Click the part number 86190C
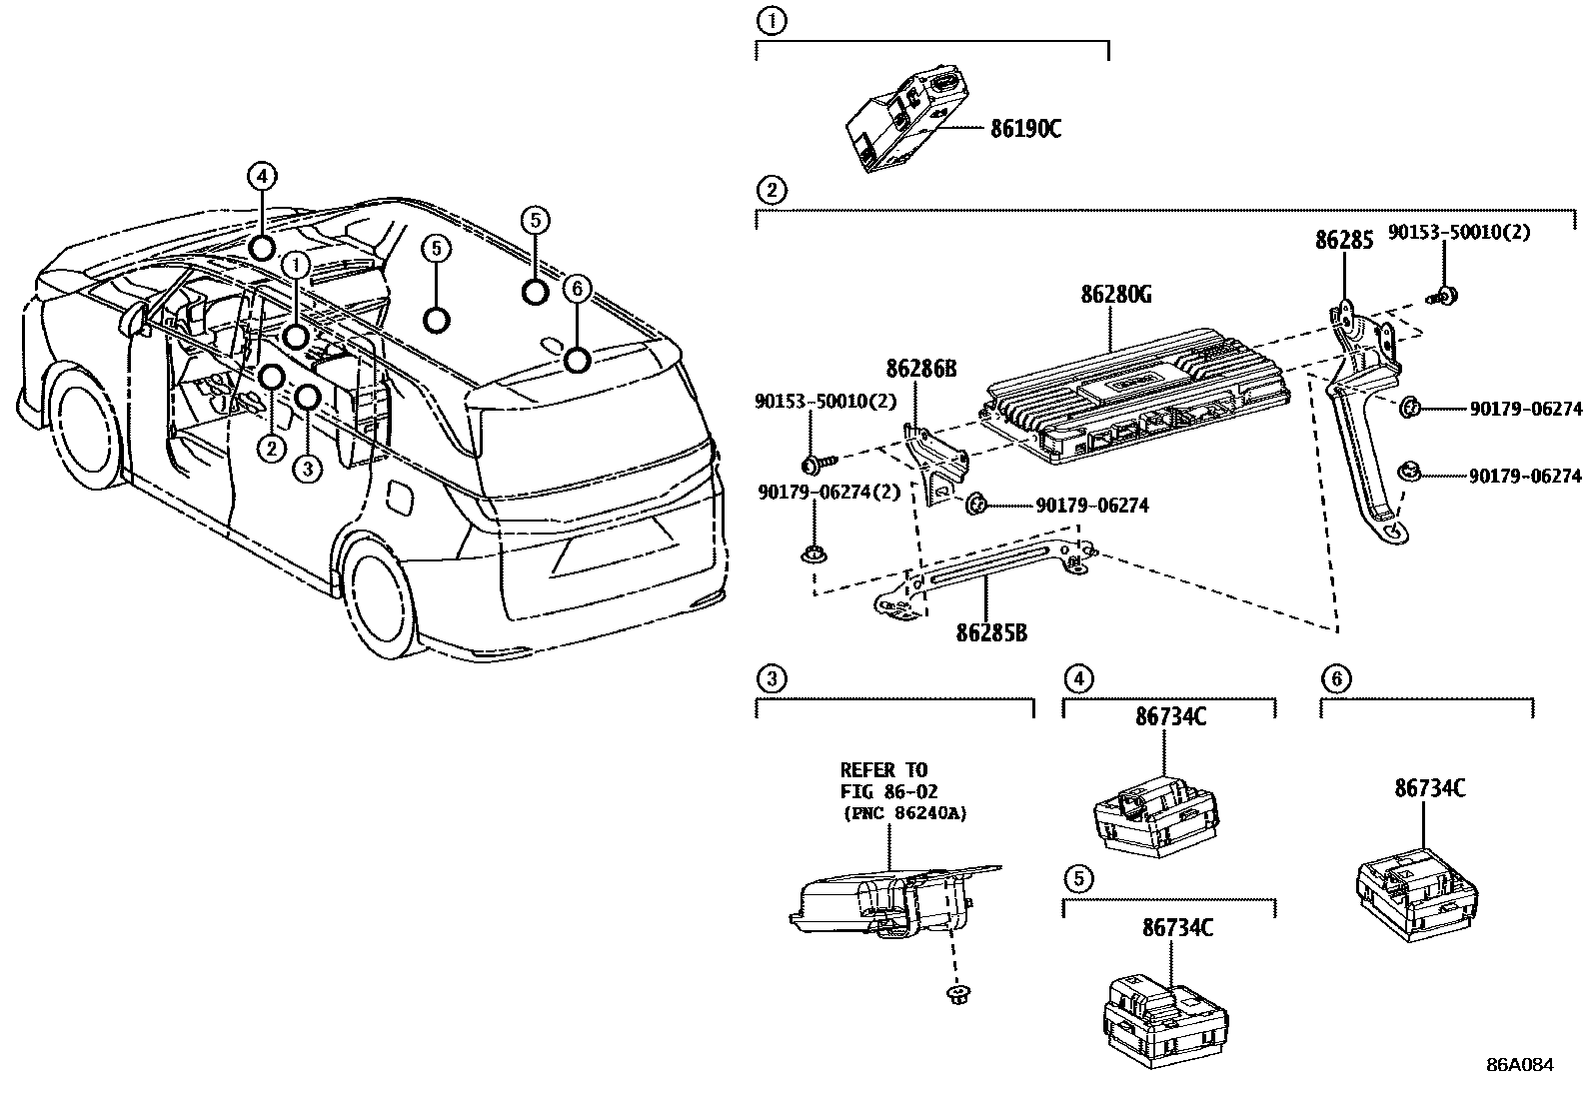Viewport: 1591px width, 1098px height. tap(1025, 129)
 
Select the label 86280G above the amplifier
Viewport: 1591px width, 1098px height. tap(1116, 295)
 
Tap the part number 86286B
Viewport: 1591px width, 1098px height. tap(920, 370)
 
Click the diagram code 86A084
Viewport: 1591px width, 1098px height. tap(1520, 1065)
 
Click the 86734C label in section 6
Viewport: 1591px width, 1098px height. tap(1430, 788)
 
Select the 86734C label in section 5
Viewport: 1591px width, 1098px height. tap(1177, 928)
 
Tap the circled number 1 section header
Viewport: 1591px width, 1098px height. tap(771, 19)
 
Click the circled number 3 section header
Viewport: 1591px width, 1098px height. tap(771, 680)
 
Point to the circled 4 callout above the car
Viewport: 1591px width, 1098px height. tap(261, 177)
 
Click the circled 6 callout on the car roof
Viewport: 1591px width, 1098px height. tap(577, 290)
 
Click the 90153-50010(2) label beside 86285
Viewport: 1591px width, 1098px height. tap(1459, 233)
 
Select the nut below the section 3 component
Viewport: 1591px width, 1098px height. tap(958, 993)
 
